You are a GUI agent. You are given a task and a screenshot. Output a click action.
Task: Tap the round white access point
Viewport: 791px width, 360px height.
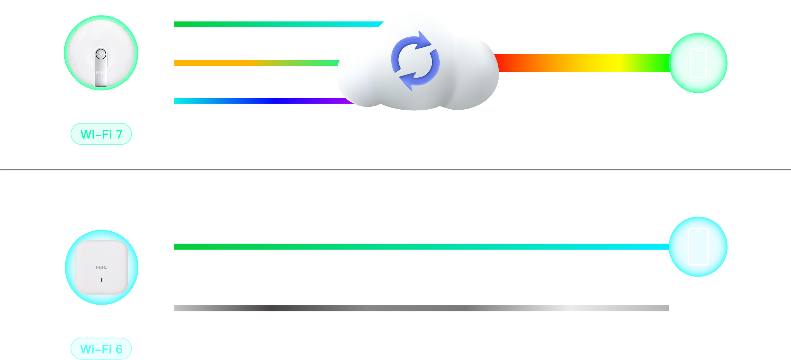101,53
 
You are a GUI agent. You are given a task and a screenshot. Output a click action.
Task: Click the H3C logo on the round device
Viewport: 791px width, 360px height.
101,73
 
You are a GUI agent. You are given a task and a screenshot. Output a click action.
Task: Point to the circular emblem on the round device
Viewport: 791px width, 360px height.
101,55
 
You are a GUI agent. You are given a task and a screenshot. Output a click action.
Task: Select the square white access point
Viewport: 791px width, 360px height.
101,267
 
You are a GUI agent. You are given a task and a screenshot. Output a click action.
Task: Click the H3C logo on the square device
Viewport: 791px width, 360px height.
101,267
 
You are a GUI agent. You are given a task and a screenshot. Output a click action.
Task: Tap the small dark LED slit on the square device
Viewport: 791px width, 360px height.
102,280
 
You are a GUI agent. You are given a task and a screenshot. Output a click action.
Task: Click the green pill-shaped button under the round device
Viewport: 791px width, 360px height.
101,134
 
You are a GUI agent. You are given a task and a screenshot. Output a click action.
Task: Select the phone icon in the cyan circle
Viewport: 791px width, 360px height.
698,247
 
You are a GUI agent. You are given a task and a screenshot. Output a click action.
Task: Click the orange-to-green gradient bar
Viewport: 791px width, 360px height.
255,69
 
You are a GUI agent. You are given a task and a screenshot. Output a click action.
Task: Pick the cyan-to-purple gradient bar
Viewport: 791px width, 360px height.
264,104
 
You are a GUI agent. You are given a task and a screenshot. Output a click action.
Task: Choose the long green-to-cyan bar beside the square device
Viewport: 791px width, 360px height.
421,262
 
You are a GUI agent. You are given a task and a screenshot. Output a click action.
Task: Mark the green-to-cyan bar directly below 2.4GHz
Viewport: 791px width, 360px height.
273,31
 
